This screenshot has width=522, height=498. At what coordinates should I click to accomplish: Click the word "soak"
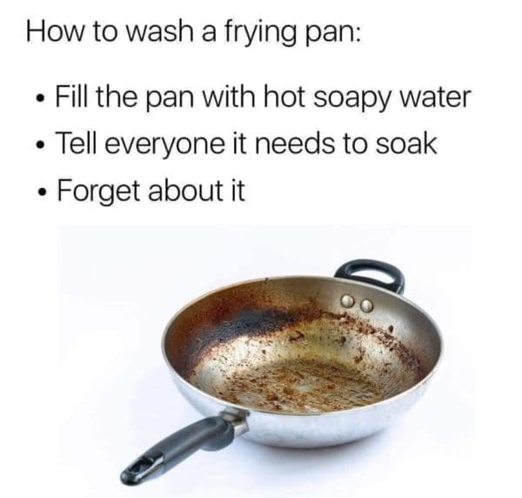pyautogui.click(x=406, y=143)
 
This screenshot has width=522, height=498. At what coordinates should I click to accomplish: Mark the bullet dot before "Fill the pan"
pyautogui.click(x=41, y=99)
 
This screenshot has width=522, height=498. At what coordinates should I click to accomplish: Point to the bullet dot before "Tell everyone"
pyautogui.click(x=41, y=145)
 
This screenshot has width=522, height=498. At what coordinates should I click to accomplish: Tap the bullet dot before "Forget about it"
pyautogui.click(x=42, y=192)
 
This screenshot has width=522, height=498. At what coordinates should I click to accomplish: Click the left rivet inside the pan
pyautogui.click(x=349, y=301)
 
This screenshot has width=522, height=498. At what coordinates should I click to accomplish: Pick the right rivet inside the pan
pyautogui.click(x=366, y=306)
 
